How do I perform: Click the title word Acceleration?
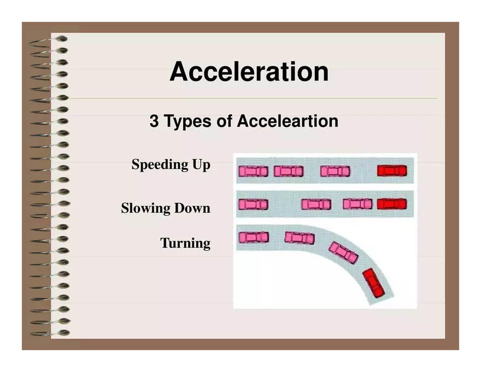click(249, 72)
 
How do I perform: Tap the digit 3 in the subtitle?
click(154, 121)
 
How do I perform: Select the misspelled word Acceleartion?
click(288, 121)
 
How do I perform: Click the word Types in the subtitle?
click(188, 121)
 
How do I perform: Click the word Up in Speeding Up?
click(200, 165)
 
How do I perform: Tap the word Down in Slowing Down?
click(192, 208)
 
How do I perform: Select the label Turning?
click(185, 243)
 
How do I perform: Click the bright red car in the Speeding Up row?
click(392, 171)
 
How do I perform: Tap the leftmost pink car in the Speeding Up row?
click(253, 171)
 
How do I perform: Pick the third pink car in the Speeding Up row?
click(335, 171)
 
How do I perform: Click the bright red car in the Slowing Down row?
click(392, 204)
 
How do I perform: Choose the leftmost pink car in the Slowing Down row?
click(253, 205)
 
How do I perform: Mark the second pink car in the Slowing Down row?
click(316, 205)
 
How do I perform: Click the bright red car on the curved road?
click(374, 283)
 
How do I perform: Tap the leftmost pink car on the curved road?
click(254, 237)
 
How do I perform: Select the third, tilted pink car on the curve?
click(343, 252)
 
